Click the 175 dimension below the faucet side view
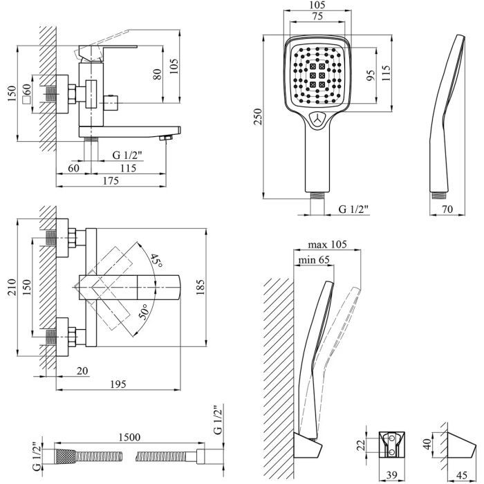(x=110, y=181)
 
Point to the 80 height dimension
(x=157, y=73)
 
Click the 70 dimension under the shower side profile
(x=448, y=209)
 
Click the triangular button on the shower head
(x=319, y=119)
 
